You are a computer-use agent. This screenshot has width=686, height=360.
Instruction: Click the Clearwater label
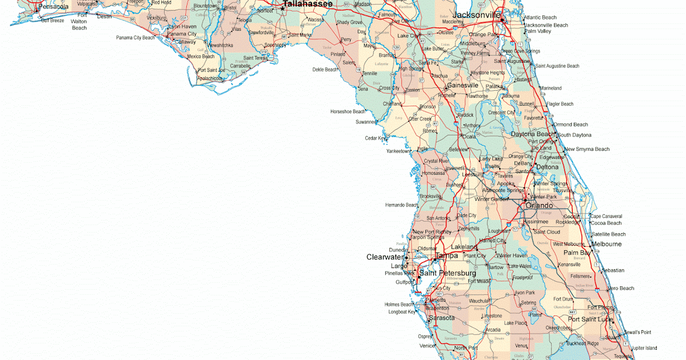tap(385, 257)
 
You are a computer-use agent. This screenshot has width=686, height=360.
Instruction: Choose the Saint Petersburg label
tap(448, 273)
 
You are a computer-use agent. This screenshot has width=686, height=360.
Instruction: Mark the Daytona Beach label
tap(533, 134)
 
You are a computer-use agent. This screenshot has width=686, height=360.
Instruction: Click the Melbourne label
tap(607, 244)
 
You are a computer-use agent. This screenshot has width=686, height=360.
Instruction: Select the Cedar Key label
tap(376, 138)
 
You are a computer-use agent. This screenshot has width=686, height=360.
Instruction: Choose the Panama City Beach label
tap(135, 38)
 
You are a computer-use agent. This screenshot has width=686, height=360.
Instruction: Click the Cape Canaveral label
tap(606, 217)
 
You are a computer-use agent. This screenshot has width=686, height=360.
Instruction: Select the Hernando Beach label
tap(402, 205)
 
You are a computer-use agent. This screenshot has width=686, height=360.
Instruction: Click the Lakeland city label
tap(464, 247)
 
